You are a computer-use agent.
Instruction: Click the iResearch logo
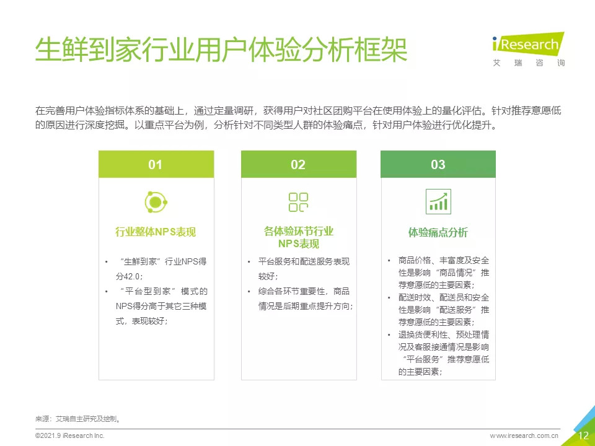528,43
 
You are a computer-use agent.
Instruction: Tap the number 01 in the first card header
155,165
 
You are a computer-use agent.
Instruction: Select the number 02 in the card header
298,165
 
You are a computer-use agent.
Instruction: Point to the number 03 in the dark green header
438,165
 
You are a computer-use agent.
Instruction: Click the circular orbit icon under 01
156,202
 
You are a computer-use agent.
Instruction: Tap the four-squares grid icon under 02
298,202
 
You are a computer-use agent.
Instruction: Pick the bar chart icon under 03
438,202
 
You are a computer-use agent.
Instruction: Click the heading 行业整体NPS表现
156,232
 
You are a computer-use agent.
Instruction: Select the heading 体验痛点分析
438,232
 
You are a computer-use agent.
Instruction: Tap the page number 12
583,435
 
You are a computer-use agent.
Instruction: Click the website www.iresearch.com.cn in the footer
524,435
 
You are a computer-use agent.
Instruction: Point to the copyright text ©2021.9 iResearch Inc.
70,435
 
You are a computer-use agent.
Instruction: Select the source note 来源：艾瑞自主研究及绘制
78,419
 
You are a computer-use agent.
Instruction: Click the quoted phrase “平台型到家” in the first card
148,291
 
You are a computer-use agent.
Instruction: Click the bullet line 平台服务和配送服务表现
304,261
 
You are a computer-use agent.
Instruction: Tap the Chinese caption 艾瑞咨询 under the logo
529,63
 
